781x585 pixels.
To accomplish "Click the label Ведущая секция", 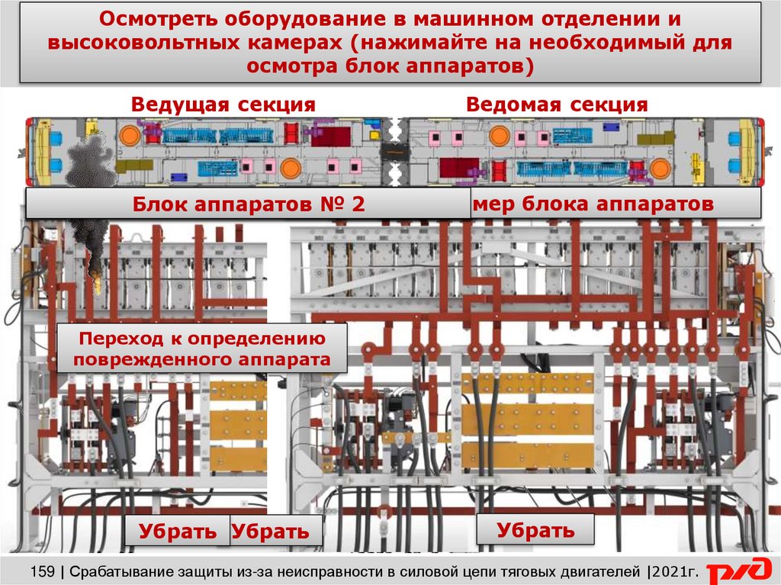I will coord(223,104).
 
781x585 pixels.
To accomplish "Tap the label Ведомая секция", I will coord(557,104).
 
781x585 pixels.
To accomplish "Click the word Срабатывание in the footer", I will coord(127,571).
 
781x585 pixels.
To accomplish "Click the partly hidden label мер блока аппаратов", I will coord(593,204).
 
